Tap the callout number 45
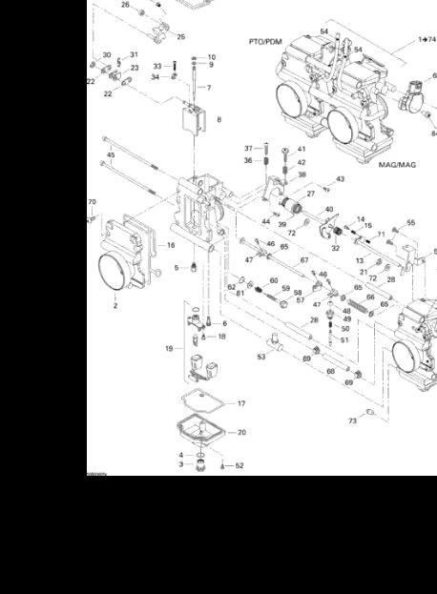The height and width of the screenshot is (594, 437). [111, 154]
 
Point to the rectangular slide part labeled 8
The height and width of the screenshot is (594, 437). [194, 122]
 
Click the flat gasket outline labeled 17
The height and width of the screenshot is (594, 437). [198, 404]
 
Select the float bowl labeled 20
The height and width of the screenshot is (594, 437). [201, 432]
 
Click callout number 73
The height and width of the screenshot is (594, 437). [352, 420]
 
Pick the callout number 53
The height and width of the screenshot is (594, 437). [260, 357]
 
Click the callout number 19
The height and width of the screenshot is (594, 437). [169, 349]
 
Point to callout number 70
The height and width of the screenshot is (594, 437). [93, 202]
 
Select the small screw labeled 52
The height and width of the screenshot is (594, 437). [222, 465]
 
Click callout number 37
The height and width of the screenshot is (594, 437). [248, 148]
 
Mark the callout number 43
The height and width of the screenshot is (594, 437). [340, 179]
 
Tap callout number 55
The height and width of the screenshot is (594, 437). [411, 223]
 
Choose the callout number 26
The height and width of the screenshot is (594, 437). [125, 5]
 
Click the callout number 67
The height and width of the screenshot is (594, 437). [304, 259]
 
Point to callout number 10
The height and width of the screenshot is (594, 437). [211, 57]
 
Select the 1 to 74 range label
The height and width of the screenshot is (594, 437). [427, 40]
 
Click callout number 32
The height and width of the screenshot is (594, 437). [335, 248]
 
